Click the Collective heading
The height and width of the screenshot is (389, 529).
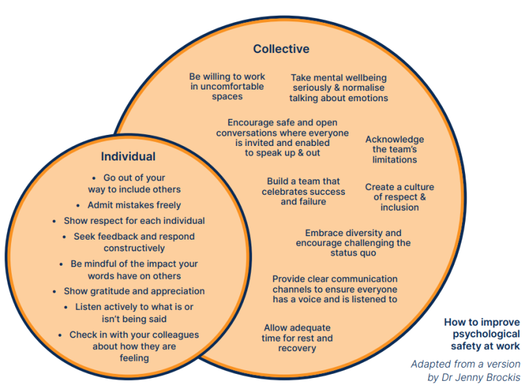tap(281, 49)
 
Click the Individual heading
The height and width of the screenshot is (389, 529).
tap(128, 156)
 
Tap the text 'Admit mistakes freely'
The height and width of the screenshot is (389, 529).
tap(134, 205)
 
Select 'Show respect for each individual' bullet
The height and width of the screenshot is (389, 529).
tap(134, 221)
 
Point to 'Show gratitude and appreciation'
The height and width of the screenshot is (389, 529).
tap(134, 291)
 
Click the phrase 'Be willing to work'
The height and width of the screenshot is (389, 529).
tap(227, 77)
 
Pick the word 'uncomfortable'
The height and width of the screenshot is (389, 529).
tap(233, 87)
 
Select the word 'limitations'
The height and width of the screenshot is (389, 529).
tap(395, 160)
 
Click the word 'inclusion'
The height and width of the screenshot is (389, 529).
tap(400, 207)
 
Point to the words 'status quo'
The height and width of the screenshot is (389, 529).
tap(353, 253)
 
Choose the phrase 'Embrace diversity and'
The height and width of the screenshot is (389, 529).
tap(353, 233)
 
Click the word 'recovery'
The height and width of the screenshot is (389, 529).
tap(298, 348)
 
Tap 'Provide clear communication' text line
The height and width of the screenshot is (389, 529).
tap(335, 280)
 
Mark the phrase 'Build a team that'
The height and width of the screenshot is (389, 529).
tap(304, 182)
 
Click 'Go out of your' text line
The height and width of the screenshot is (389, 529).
tap(134, 178)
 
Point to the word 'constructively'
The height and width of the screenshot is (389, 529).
tap(134, 248)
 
